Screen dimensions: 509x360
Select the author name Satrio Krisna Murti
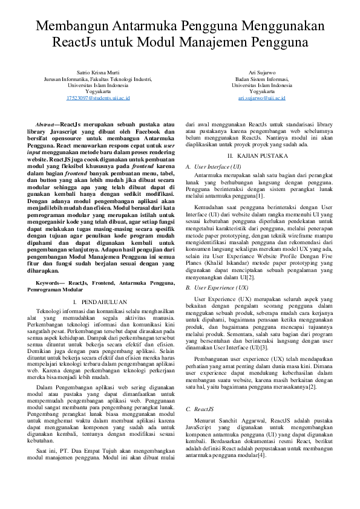(x=98, y=72)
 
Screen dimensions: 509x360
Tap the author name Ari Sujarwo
(x=261, y=72)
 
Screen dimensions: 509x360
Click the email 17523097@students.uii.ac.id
(x=98, y=97)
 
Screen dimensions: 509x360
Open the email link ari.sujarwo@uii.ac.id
(x=261, y=97)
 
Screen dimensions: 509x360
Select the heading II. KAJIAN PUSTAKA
(x=261, y=156)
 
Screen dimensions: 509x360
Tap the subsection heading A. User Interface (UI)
(x=214, y=166)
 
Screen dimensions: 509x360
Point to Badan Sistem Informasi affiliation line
(x=261, y=79)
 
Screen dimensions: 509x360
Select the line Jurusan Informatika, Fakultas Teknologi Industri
(x=98, y=79)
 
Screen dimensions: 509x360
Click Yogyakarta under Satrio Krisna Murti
(x=98, y=91)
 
